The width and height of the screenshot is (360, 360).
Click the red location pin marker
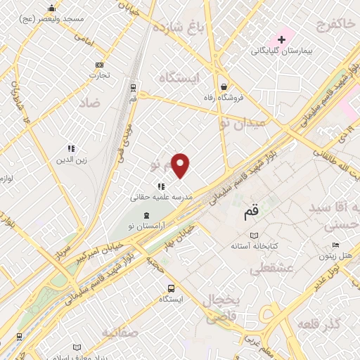[x=181, y=165]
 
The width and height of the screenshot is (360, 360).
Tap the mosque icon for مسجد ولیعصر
[x=51, y=8]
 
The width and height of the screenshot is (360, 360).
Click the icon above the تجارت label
[x=98, y=65]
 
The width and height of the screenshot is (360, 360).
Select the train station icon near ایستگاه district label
[x=133, y=86]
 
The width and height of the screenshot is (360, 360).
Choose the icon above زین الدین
[x=71, y=148]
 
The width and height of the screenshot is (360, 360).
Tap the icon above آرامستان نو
[x=146, y=215]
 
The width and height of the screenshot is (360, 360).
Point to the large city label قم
[x=250, y=210]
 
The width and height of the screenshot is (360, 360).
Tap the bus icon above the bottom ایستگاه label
[x=171, y=288]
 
